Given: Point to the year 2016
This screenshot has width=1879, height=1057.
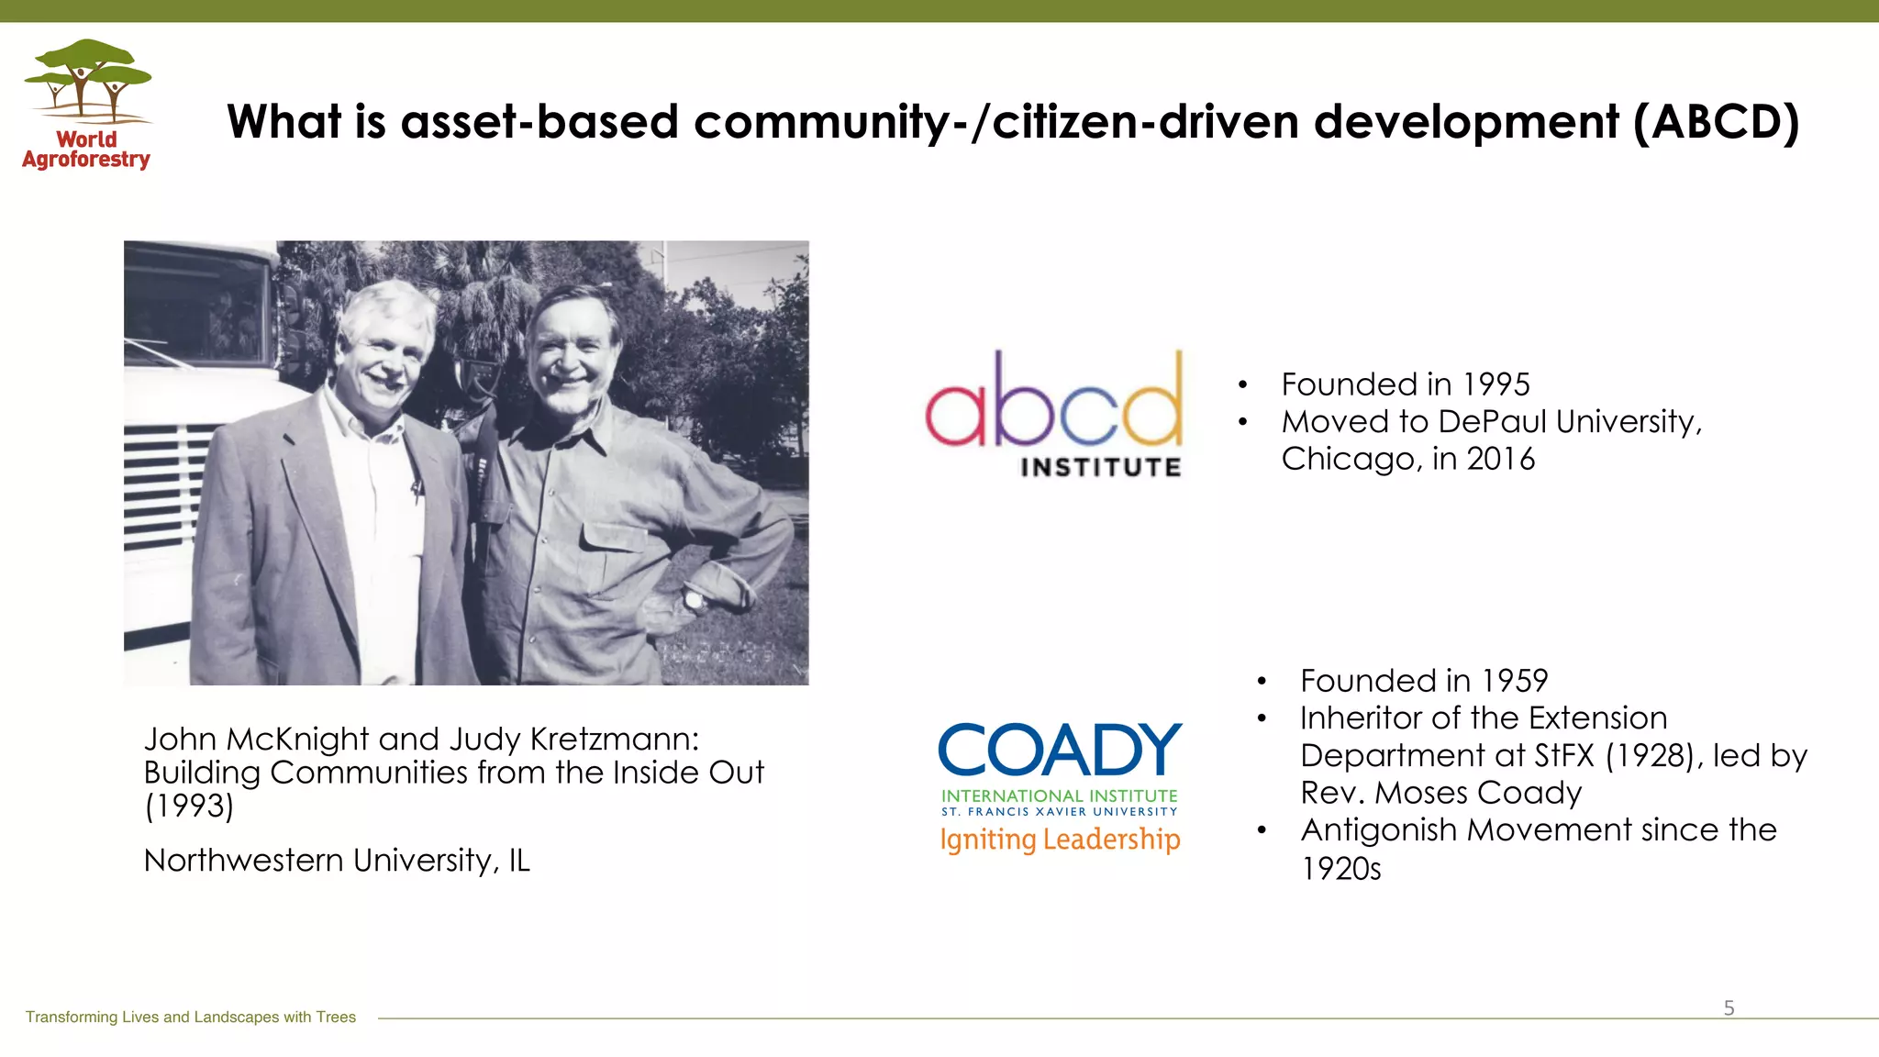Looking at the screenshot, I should (1500, 459).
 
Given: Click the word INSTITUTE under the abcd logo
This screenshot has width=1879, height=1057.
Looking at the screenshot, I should (1100, 468).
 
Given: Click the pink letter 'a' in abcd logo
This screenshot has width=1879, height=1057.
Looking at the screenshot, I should (958, 413).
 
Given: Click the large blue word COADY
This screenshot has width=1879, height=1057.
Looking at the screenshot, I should (1060, 751).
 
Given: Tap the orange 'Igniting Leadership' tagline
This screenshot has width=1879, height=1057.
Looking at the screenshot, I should (1060, 840).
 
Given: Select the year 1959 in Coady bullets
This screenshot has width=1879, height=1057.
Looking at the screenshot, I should (1515, 681).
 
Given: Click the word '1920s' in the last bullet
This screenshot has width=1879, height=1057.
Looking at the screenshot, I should (1340, 869).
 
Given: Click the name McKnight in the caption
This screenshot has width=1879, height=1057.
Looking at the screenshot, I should (297, 740).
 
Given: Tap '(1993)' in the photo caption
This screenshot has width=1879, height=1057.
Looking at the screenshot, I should (189, 807).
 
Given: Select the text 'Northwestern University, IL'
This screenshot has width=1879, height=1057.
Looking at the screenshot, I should (337, 861).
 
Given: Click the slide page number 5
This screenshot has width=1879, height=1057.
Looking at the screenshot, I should (1729, 1008).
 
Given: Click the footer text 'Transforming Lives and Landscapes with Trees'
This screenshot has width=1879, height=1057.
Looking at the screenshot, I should (191, 1017).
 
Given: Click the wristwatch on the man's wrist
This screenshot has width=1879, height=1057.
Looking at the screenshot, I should (695, 601).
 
